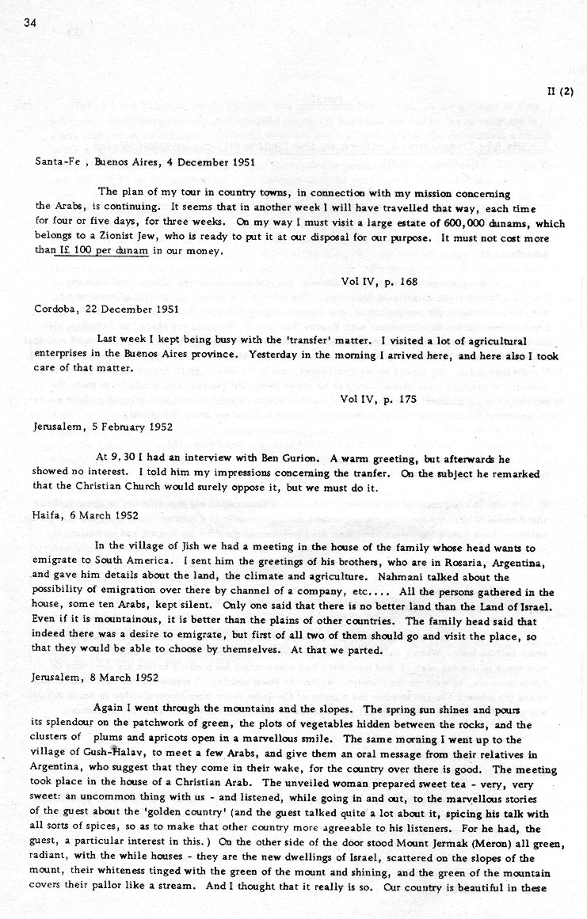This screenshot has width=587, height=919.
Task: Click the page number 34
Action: tap(31, 23)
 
